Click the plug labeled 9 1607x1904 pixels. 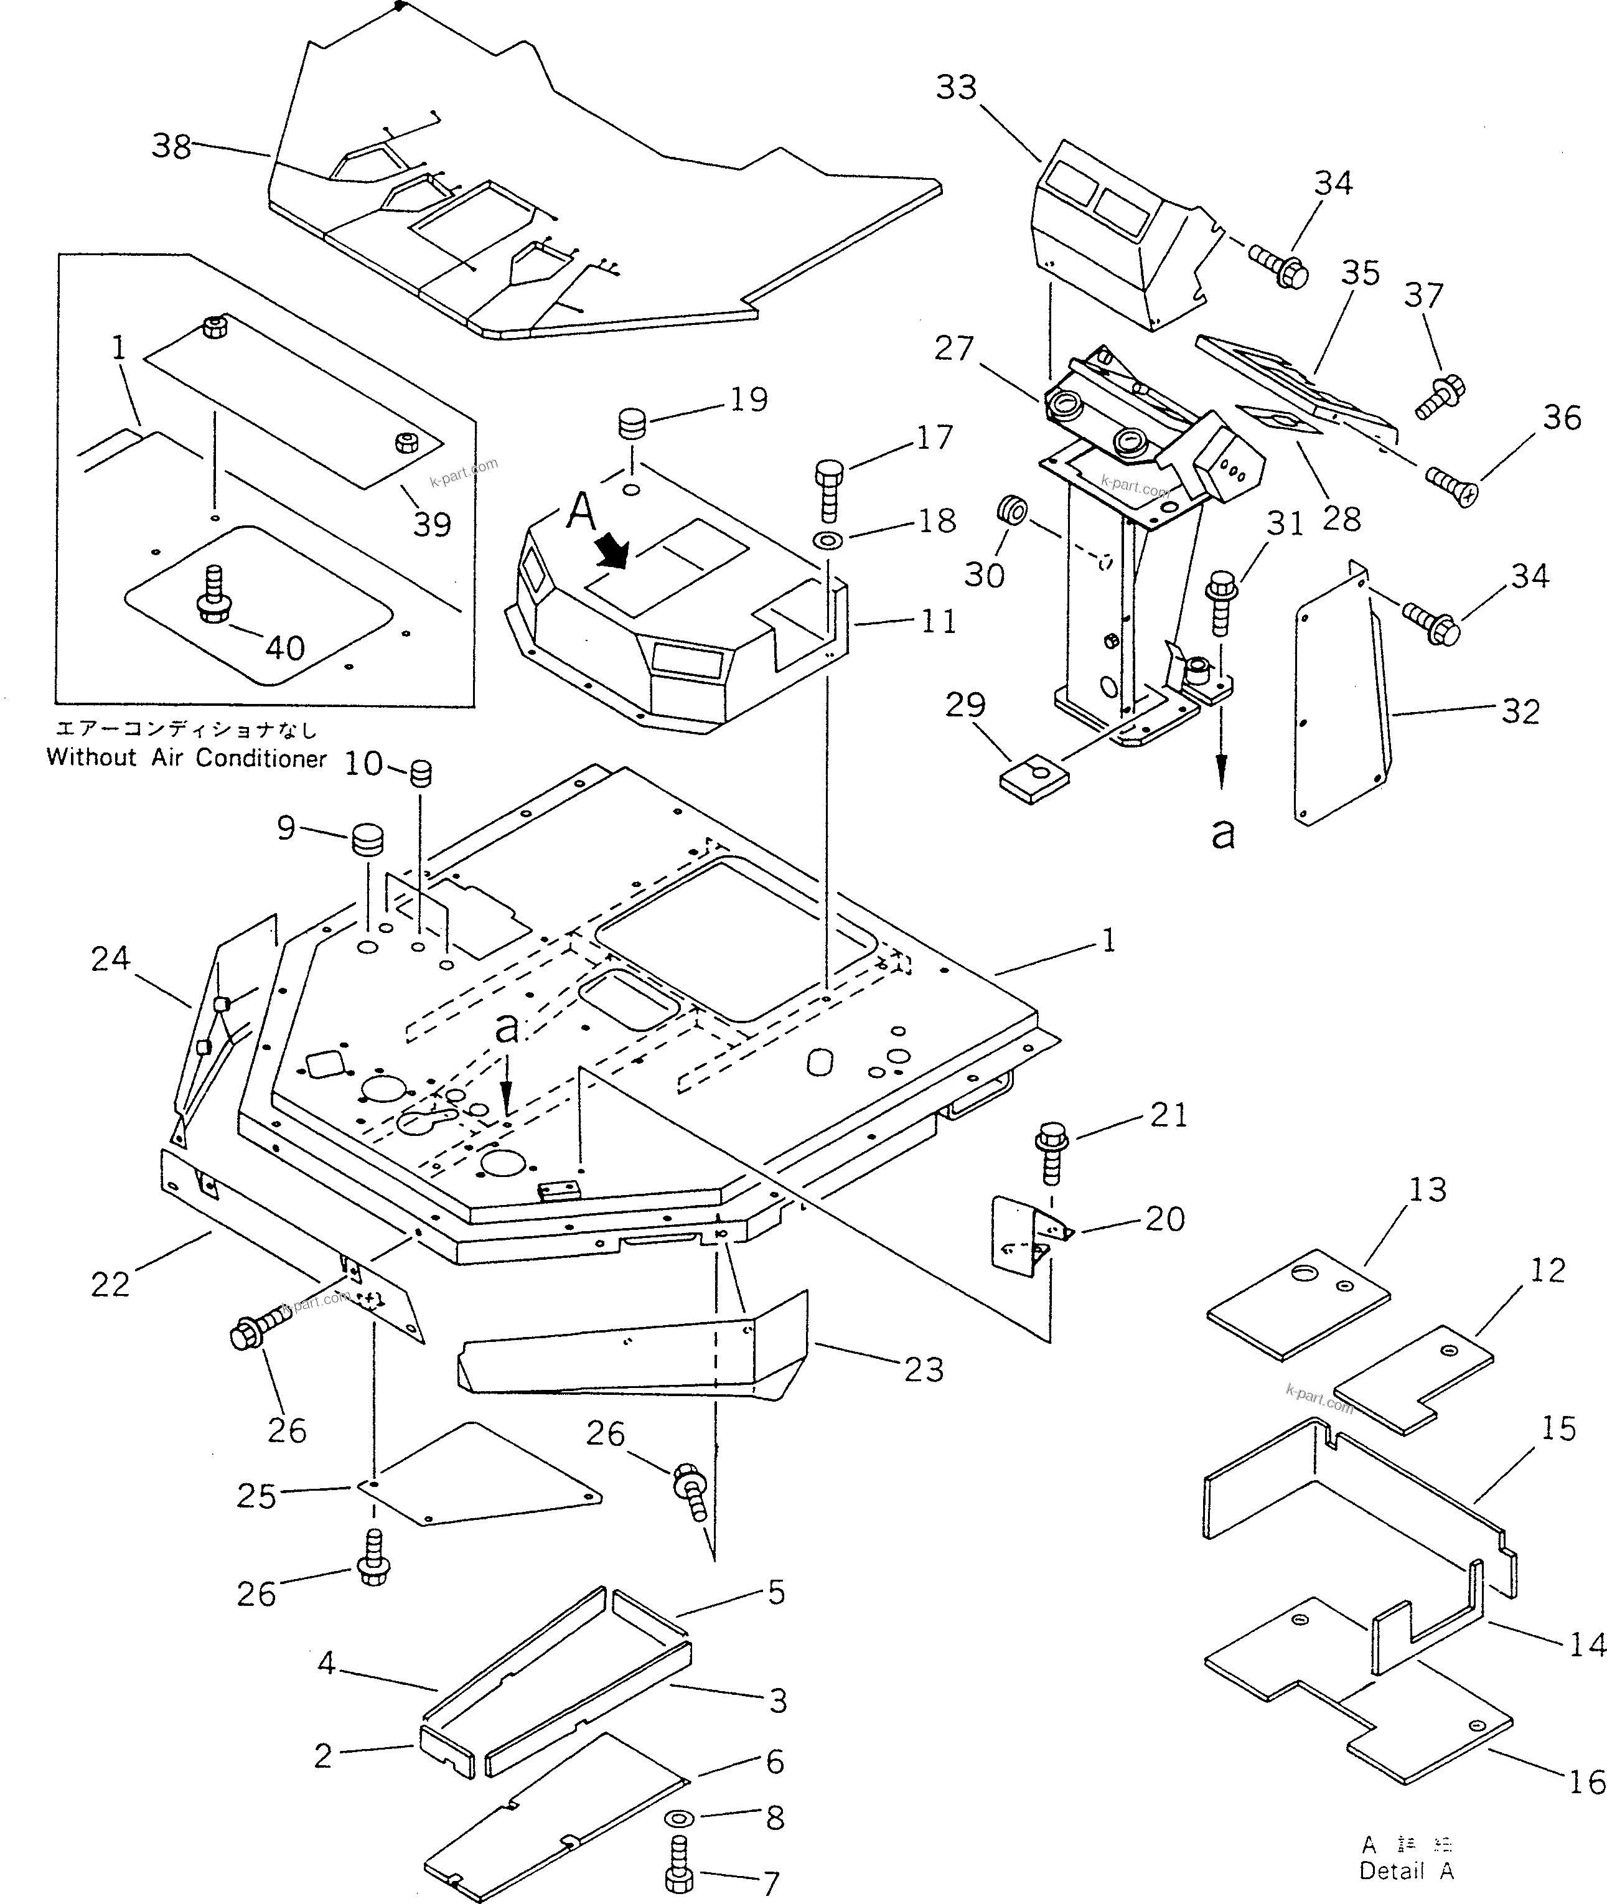(367, 839)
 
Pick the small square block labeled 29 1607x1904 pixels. (1034, 779)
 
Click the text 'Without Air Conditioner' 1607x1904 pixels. (186, 758)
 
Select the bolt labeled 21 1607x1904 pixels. (1052, 1153)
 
